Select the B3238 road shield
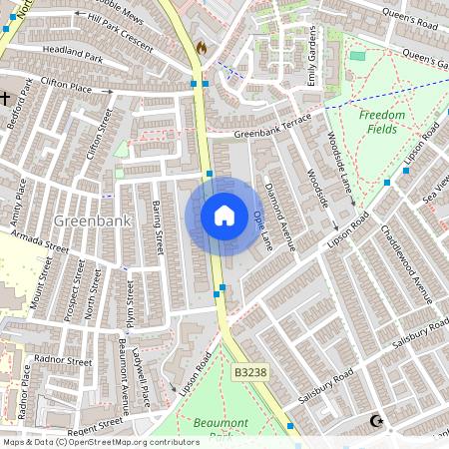(x=250, y=372)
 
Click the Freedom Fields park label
(x=382, y=122)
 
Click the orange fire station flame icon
(x=202, y=47)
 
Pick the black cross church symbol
(x=6, y=98)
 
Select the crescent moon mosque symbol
(x=376, y=422)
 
